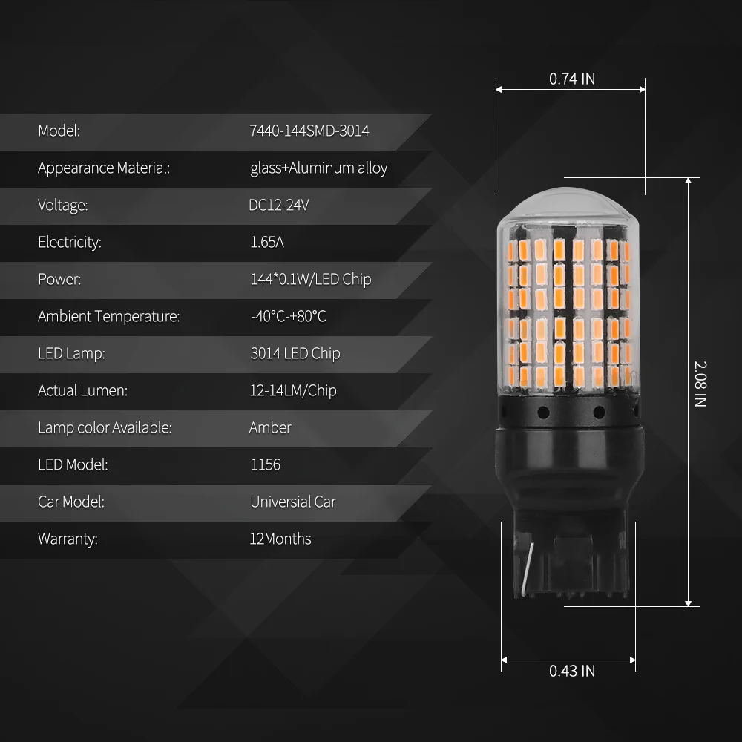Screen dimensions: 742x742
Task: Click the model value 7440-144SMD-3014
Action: coord(309,131)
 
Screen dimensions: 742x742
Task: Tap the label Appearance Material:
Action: coord(104,168)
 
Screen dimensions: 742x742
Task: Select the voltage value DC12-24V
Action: coord(279,205)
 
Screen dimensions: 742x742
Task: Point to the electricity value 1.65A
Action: coord(267,242)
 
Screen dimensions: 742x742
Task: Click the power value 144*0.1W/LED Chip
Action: coord(310,279)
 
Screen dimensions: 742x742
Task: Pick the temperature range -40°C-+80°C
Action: coord(288,316)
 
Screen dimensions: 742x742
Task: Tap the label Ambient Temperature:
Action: coord(108,316)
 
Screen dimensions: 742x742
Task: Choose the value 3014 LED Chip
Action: coord(295,353)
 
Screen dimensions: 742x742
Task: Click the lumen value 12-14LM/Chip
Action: coord(292,390)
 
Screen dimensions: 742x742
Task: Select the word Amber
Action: coord(270,427)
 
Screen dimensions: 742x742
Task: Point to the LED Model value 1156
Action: coord(265,464)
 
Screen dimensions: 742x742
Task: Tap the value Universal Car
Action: coord(292,502)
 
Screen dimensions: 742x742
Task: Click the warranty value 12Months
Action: coord(280,539)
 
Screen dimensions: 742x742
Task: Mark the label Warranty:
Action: coord(68,539)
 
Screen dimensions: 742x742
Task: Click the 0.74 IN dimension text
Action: coord(572,79)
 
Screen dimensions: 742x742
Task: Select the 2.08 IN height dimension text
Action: coord(700,384)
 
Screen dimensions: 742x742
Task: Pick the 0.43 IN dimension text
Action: coord(572,671)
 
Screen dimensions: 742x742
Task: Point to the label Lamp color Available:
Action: coord(105,427)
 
